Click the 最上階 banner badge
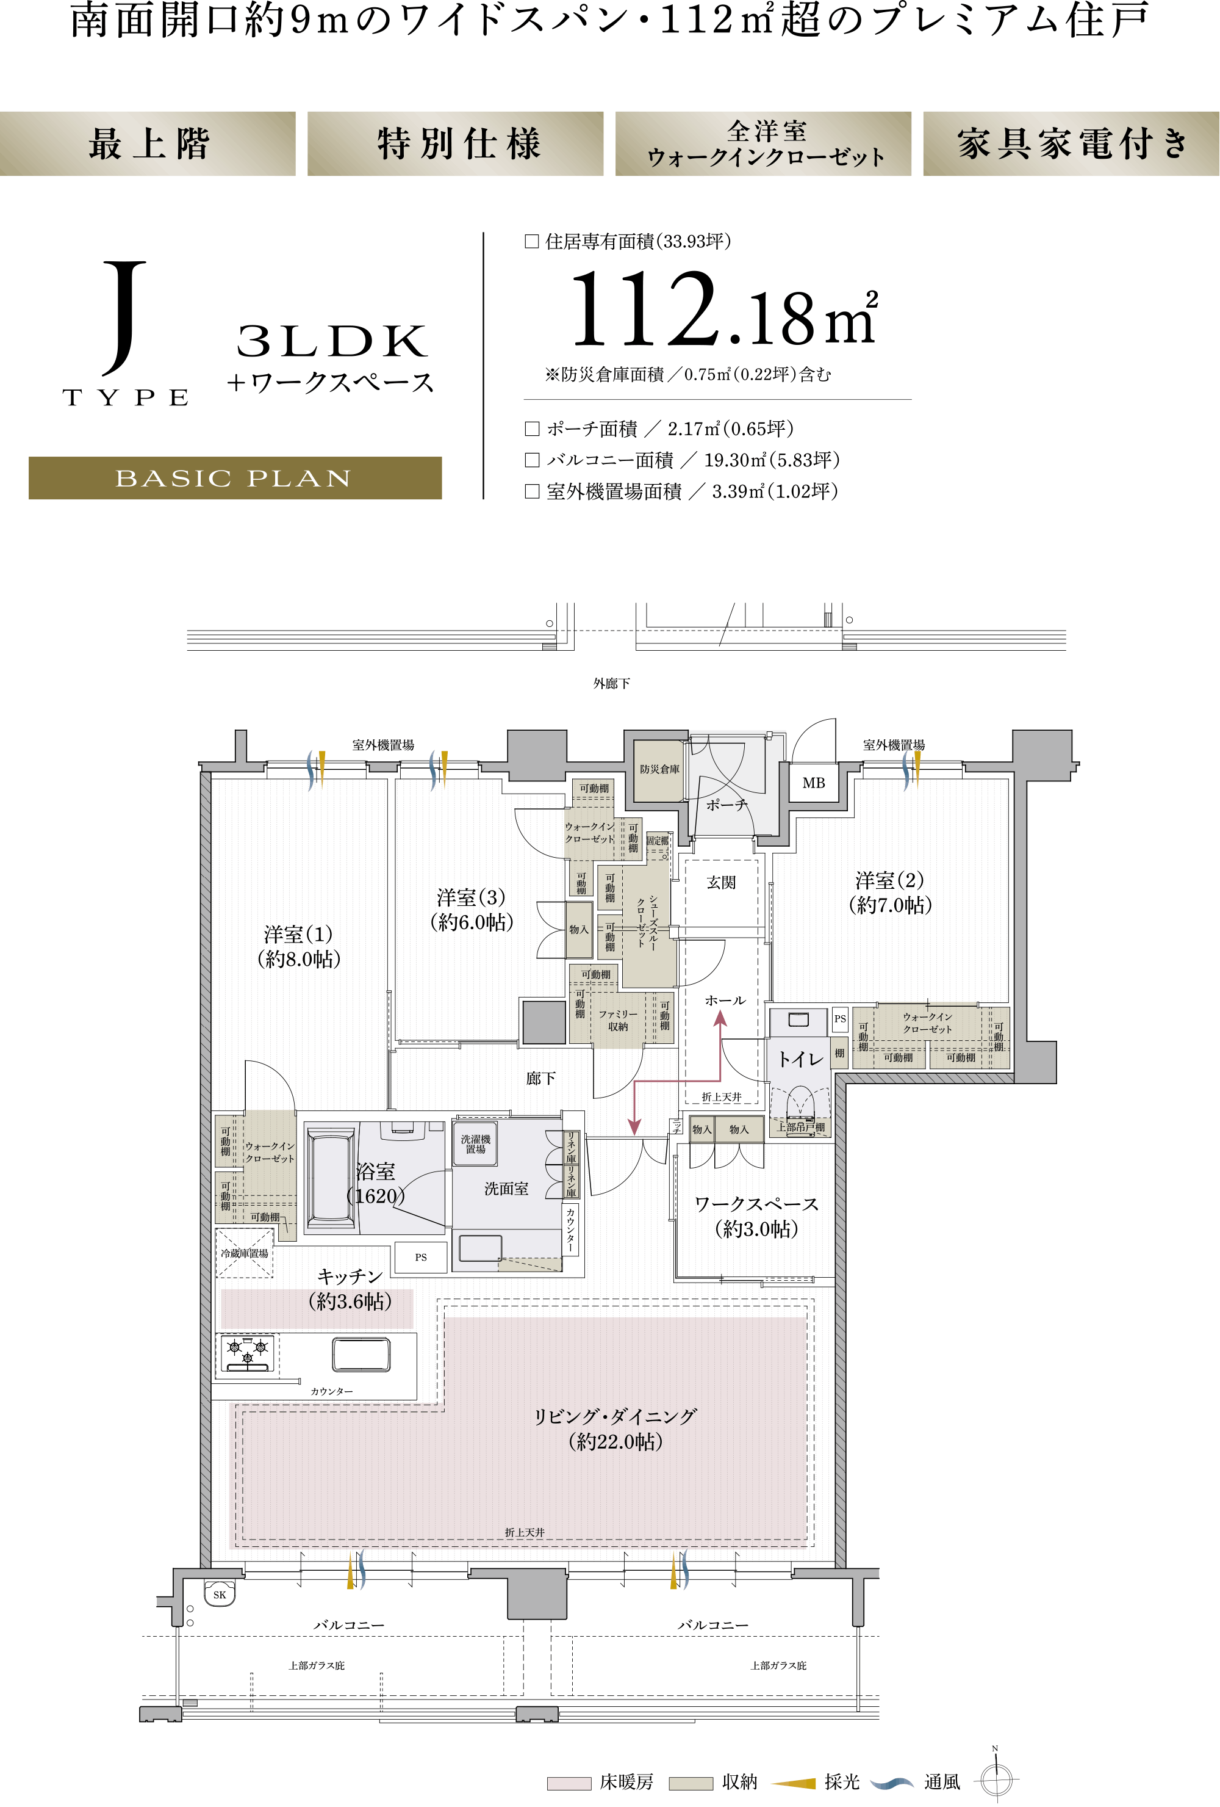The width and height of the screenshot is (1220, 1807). (x=148, y=144)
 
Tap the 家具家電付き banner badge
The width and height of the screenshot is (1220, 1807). (x=1071, y=144)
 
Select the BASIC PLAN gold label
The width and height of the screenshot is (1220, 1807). (x=235, y=477)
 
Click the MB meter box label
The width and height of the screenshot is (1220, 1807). (x=814, y=783)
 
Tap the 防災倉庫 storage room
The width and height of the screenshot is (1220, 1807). (x=659, y=770)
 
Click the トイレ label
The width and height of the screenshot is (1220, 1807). (x=800, y=1059)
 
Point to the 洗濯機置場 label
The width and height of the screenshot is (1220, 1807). (x=476, y=1144)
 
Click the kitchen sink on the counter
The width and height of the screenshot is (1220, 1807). (x=361, y=1353)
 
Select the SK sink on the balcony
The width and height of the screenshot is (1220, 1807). (x=220, y=1594)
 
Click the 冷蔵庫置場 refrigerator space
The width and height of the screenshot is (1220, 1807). (x=244, y=1253)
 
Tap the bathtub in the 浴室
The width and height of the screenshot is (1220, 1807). (x=331, y=1177)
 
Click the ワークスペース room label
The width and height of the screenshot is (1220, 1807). (x=756, y=1216)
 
